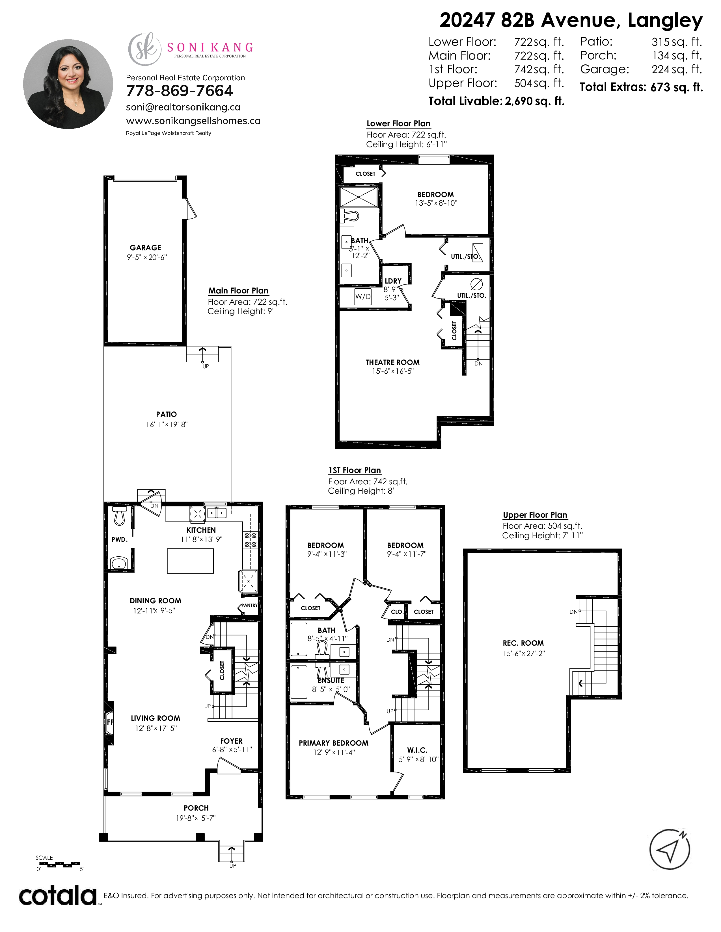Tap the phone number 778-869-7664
[179, 91]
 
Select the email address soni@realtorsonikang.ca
[183, 107]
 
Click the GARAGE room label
[146, 247]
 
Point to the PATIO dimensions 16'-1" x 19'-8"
[167, 424]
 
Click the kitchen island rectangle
[190, 561]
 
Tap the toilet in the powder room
[119, 515]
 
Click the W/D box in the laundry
[363, 297]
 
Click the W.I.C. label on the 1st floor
[417, 750]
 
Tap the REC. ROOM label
[523, 643]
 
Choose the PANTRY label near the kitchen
[249, 605]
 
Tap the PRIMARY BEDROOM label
[334, 743]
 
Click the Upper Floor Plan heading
[535, 515]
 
